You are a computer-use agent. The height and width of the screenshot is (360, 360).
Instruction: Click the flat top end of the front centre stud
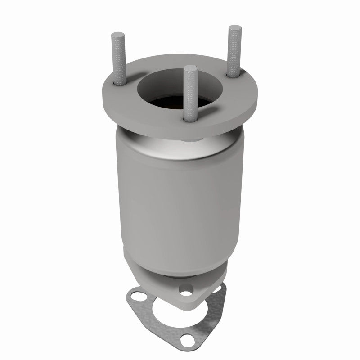tap(190, 68)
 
